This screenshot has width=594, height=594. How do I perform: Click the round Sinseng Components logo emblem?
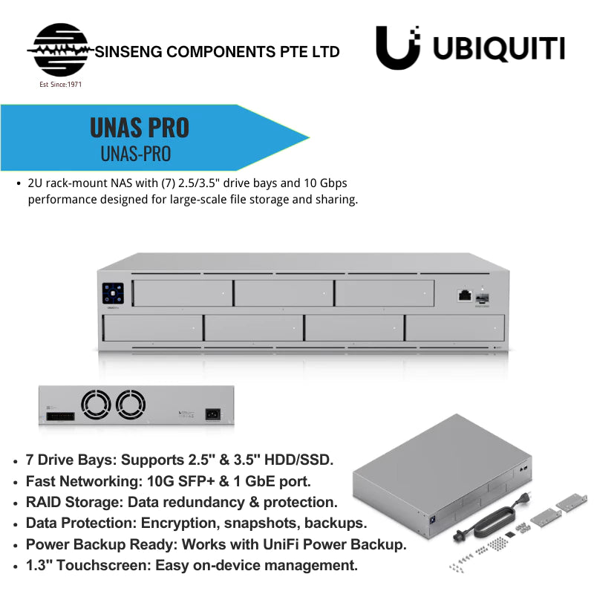61,50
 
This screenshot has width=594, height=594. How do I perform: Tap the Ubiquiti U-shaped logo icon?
398,48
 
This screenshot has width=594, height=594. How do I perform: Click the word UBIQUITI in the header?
499,48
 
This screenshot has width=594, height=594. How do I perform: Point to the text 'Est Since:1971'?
61,85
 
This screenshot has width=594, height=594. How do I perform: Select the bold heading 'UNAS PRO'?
140,128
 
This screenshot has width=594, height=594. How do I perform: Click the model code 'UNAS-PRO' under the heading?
136,154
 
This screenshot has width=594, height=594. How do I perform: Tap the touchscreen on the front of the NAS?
113,293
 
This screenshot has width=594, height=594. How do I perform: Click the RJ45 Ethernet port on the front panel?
465,295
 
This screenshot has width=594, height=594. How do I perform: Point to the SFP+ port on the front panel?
482,298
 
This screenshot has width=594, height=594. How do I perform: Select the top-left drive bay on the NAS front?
183,293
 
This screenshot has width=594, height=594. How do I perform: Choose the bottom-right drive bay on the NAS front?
455,327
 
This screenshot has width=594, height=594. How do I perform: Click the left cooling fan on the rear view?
97,405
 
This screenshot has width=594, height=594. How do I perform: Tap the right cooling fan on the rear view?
131,405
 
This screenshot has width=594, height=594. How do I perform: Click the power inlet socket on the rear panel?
212,414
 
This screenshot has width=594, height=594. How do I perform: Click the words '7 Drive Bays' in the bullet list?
70,460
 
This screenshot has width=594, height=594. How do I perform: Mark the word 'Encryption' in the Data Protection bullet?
180,523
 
